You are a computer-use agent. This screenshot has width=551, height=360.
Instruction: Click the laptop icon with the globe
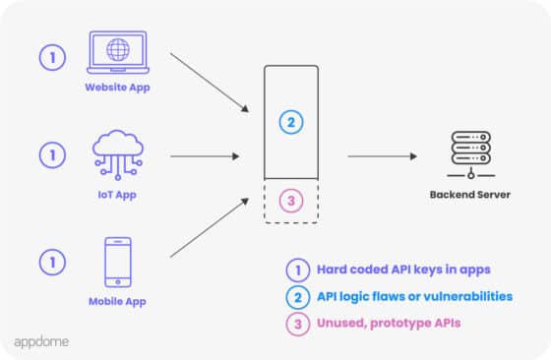[x=118, y=54]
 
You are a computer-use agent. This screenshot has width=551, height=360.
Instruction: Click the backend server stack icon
[x=470, y=155]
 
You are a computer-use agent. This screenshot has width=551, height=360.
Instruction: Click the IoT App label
[x=118, y=195]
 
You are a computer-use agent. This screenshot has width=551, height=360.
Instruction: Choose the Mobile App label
[x=118, y=301]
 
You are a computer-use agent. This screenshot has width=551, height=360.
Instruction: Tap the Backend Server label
[x=470, y=195]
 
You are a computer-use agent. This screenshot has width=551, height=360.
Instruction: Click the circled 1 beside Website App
[x=52, y=57]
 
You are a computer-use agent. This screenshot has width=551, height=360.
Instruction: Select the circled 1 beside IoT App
[x=52, y=154]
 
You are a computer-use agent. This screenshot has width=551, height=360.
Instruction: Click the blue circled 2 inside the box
[x=290, y=123]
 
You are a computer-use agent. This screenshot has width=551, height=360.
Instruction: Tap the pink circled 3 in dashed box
[x=290, y=202]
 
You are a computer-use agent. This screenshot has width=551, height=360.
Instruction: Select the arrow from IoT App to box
[x=205, y=155]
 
